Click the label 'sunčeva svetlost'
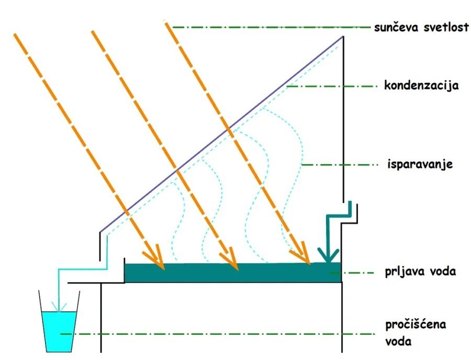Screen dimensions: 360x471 [x=421, y=27]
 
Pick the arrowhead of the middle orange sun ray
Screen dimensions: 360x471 [x=230, y=260]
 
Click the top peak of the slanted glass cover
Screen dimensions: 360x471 [x=343, y=37]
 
